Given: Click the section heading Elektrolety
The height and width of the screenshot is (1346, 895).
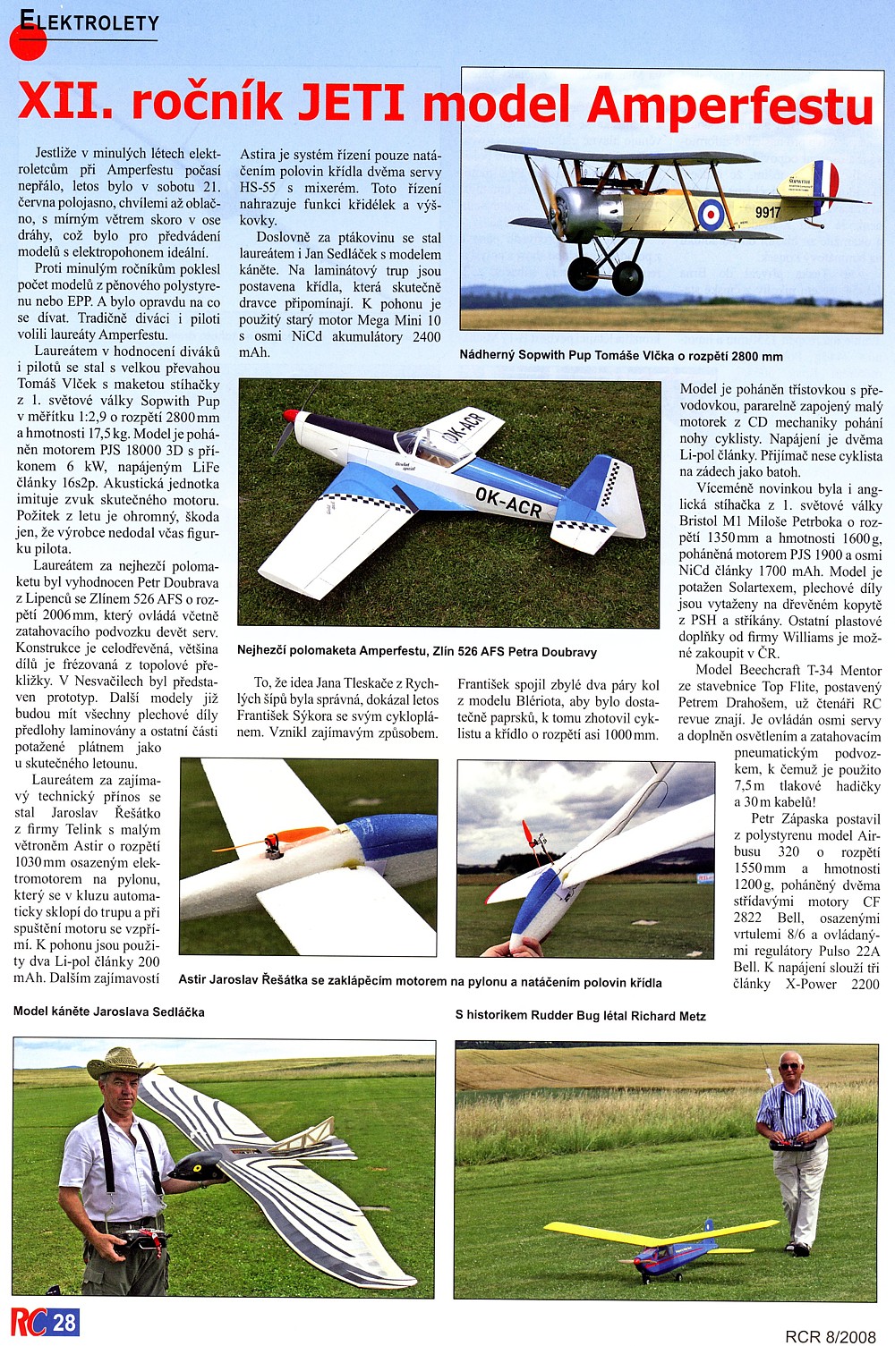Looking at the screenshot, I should [89, 22].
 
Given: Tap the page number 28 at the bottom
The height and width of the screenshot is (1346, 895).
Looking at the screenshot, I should [64, 1322].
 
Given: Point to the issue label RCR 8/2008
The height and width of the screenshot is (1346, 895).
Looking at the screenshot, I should [830, 1336].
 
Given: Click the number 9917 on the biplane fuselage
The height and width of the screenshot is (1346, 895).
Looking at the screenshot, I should [767, 212].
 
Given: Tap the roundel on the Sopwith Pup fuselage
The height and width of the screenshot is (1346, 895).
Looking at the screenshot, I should [711, 214].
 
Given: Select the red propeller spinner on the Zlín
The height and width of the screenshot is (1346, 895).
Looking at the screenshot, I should [289, 416].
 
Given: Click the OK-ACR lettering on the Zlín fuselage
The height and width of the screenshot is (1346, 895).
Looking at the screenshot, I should [507, 502].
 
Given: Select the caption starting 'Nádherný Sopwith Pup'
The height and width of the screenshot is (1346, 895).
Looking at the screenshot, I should [620, 356].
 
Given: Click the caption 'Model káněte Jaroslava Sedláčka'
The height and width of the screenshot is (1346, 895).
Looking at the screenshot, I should [109, 1012].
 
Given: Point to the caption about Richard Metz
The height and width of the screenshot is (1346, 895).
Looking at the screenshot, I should [580, 1016].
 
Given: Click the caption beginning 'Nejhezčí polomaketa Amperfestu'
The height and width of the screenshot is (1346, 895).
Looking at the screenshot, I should [416, 651].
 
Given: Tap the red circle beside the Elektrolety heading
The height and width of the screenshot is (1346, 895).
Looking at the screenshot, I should [28, 41].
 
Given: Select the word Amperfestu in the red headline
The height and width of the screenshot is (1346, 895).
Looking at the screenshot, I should [729, 106].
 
